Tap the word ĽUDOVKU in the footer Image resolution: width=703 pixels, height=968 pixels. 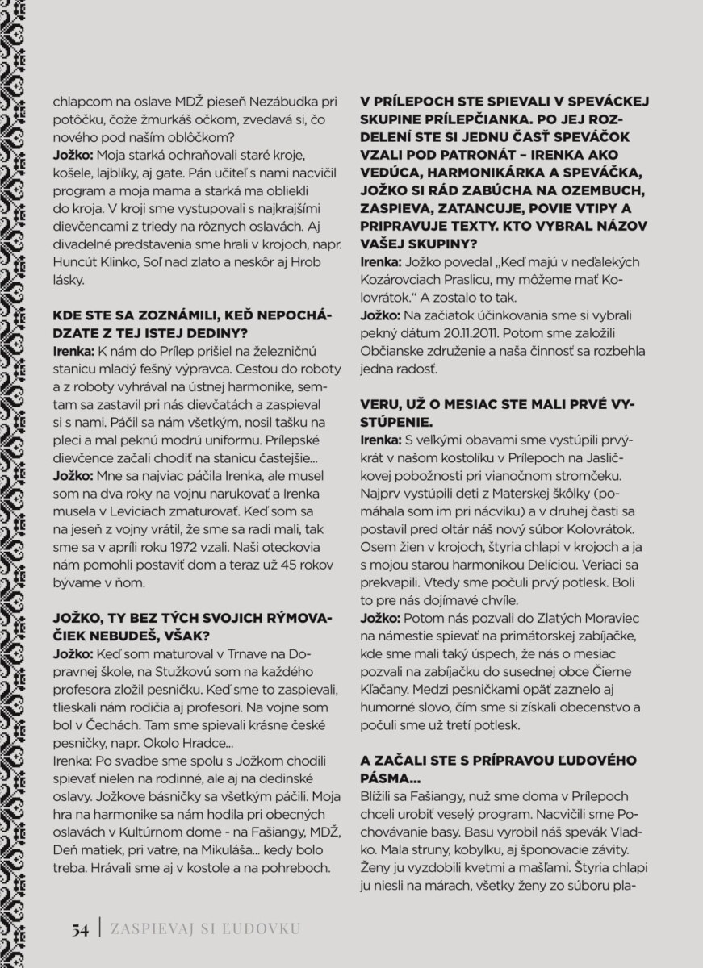[x=262, y=928]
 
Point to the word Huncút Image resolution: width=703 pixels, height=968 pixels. [x=76, y=261]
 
